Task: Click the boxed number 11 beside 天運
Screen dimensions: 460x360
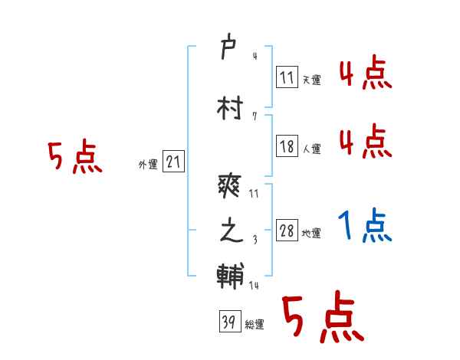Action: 287,76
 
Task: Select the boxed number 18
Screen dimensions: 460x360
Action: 287,147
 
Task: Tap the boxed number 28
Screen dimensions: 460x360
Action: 287,231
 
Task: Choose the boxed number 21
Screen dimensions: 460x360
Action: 173,162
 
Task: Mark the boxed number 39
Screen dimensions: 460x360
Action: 228,322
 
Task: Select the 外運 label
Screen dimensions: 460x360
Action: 147,165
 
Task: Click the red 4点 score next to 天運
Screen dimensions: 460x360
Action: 365,74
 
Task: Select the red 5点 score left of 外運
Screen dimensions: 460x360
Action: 74,158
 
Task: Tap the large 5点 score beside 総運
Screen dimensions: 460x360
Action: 322,319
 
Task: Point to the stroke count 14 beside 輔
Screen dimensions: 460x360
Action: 254,286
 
